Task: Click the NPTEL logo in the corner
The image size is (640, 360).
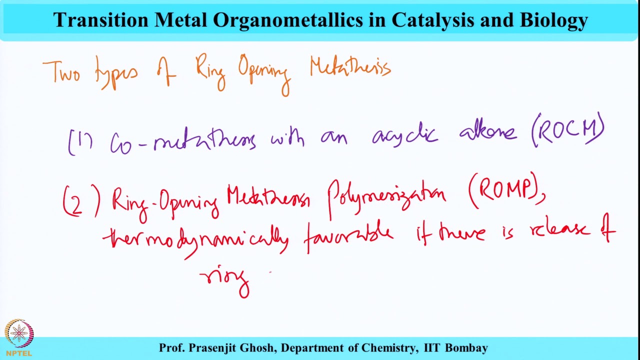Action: click(x=19, y=336)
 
